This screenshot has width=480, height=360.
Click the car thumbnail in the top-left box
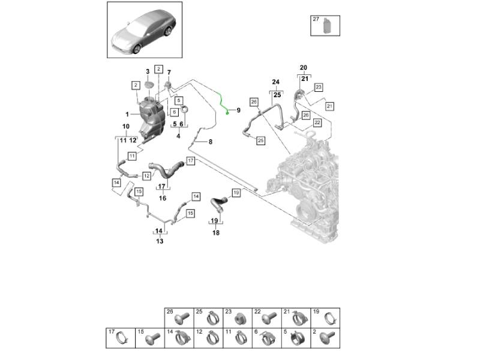(x=144, y=30)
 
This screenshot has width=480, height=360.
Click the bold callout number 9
(x=238, y=110)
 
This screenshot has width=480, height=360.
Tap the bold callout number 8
(x=209, y=142)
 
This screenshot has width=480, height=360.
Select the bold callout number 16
(x=162, y=198)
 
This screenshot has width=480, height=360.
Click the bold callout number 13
(x=160, y=241)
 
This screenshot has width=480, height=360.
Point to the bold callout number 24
(x=276, y=82)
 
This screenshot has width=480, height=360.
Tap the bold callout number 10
(x=126, y=127)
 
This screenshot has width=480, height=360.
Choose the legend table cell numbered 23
(x=237, y=318)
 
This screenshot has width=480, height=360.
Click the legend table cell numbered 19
(x=325, y=318)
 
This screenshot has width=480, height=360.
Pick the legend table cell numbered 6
(x=266, y=338)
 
